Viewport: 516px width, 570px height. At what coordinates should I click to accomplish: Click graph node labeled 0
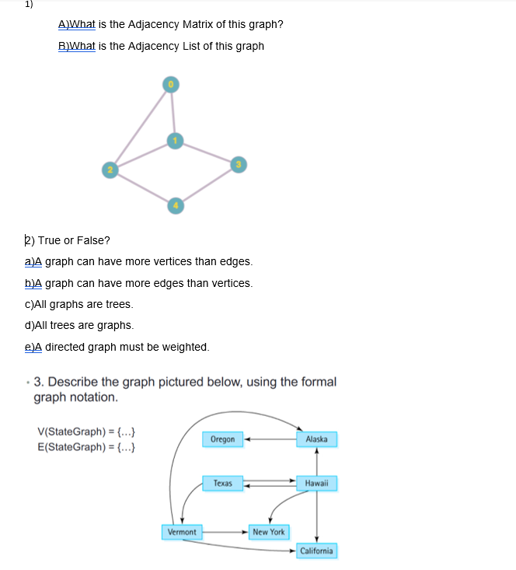[x=171, y=84]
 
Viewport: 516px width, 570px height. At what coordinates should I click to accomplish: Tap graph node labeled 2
[x=110, y=169]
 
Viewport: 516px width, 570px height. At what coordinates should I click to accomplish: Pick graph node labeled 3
[x=239, y=163]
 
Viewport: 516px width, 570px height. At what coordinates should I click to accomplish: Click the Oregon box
[x=222, y=439]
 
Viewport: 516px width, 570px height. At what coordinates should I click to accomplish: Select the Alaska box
[x=316, y=439]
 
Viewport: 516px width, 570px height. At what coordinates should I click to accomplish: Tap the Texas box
[x=222, y=483]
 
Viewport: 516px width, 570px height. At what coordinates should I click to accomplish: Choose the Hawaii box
[x=316, y=483]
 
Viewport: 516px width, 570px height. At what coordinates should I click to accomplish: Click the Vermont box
[x=182, y=532]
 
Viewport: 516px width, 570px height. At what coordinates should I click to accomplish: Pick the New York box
[x=268, y=532]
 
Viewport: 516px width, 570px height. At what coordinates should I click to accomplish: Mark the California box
[x=316, y=551]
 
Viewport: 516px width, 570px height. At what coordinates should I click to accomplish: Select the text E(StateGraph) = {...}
[x=88, y=446]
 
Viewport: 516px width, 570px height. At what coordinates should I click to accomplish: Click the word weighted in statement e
[x=185, y=347]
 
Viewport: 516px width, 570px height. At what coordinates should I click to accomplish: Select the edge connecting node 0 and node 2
[x=141, y=126]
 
